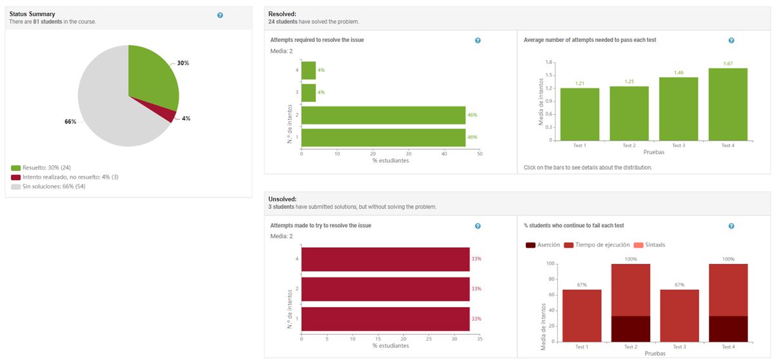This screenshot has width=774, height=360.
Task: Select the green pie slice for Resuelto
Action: (152, 74)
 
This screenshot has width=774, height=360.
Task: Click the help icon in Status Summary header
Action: (220, 15)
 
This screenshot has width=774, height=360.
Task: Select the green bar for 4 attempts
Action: (309, 70)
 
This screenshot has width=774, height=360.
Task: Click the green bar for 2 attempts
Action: (383, 115)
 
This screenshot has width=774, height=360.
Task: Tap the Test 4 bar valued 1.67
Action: (728, 104)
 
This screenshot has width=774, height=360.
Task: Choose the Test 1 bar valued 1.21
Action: (580, 114)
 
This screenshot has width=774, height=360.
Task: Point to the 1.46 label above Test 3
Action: (679, 73)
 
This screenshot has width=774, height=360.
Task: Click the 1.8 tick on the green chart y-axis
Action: (549, 63)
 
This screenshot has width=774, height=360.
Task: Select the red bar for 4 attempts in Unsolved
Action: (385, 259)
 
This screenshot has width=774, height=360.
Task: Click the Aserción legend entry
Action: (543, 245)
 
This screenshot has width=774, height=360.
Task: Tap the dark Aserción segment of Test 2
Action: (630, 328)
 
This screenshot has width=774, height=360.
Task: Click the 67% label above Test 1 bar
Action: (581, 285)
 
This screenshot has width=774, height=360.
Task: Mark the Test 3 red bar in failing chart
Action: (679, 315)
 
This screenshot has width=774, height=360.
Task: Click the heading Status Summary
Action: (32, 14)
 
